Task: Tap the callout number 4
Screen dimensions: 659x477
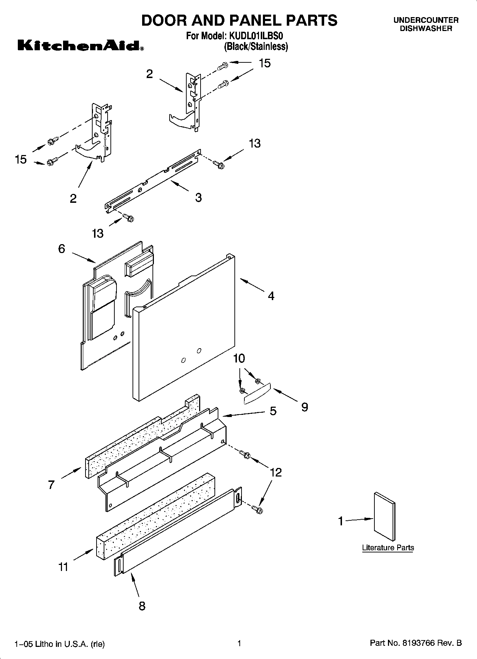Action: [x=271, y=296]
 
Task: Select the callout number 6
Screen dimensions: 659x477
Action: [x=62, y=249]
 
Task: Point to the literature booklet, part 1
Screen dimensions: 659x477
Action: [x=384, y=517]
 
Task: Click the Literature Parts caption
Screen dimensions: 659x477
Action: [x=388, y=548]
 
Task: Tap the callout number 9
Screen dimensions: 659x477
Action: [x=304, y=407]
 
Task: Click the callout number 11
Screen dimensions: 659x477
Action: [x=63, y=567]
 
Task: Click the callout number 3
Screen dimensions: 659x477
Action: [x=198, y=197]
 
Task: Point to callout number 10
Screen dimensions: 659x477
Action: [x=239, y=358]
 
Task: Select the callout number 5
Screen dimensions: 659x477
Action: [x=273, y=411]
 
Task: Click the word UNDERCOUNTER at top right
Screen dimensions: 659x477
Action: [x=426, y=20]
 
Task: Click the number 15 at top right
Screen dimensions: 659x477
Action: [x=264, y=63]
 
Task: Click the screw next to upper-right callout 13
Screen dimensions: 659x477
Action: [x=218, y=164]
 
